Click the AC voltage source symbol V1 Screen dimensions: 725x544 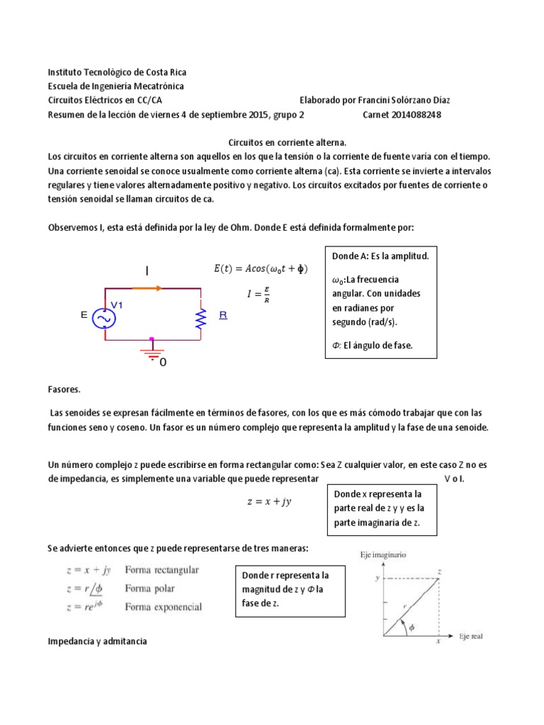coord(105,319)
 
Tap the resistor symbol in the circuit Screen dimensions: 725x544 coord(201,318)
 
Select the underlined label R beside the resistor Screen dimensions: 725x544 coord(223,316)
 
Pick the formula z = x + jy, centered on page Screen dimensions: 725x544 coord(269,501)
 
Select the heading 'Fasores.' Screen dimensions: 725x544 coord(64,390)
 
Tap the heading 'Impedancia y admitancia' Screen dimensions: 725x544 coord(97,641)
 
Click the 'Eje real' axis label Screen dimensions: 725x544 coord(470,636)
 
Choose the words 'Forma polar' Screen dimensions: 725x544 coord(149,588)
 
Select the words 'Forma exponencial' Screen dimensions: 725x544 coord(163,607)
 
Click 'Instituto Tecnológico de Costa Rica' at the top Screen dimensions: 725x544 coord(117,72)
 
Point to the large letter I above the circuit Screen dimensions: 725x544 coord(147,271)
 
